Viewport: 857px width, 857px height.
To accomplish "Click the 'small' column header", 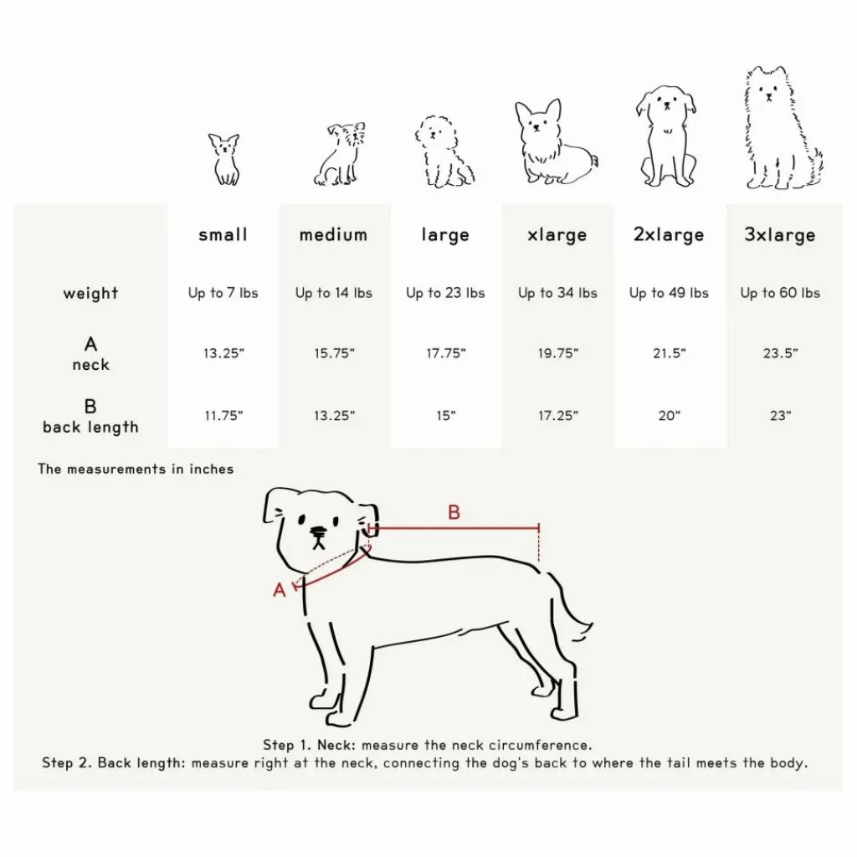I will point(223,235).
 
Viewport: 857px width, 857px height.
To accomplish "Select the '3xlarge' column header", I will point(779,235).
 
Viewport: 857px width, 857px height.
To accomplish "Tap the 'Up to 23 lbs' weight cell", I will point(445,293).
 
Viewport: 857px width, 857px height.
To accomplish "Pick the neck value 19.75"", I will point(557,354).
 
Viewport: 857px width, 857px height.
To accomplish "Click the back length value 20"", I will point(669,416).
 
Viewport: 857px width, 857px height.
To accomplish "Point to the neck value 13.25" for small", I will point(223,354).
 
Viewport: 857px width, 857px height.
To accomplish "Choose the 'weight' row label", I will point(90,294).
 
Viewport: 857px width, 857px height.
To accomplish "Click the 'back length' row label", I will point(90,427).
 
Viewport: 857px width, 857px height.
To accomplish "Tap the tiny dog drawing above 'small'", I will point(224,159).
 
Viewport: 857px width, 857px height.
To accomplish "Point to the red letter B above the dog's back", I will point(454,512).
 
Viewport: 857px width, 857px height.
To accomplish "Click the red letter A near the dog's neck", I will point(280,590).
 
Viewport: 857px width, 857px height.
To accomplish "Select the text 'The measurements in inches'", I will point(136,469).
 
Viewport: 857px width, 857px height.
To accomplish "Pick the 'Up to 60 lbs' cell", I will point(779,293).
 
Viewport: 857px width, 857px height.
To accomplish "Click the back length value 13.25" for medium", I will point(334,416).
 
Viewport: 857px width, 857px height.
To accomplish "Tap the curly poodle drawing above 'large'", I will point(443,152).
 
